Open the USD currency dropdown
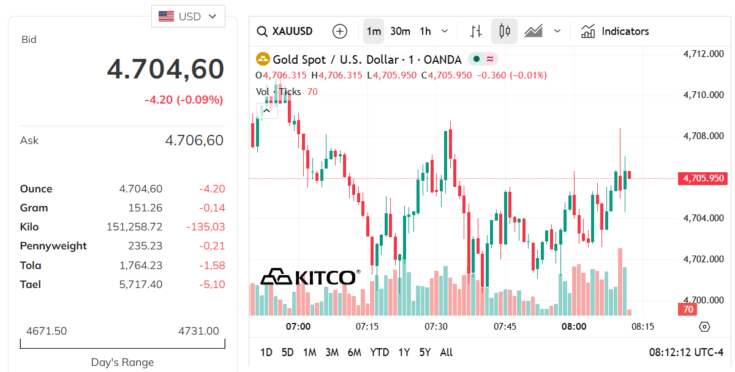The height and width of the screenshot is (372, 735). [188, 17]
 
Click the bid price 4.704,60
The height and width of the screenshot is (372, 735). [165, 69]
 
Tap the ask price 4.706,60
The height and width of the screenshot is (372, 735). [194, 140]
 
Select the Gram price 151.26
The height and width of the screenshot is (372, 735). [145, 208]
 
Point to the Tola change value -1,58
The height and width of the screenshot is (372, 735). [212, 265]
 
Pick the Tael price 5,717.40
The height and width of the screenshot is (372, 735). [141, 284]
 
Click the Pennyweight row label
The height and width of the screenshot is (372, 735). [53, 246]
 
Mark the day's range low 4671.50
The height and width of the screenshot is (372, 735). [47, 331]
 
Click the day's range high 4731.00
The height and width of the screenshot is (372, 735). [198, 331]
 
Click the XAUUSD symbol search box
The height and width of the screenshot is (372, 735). [285, 31]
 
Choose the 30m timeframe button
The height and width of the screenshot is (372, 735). [400, 31]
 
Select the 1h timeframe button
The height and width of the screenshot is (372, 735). [425, 31]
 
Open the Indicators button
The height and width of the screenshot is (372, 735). [615, 31]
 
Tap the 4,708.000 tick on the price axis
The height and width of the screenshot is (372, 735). [703, 136]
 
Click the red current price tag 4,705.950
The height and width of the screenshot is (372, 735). [703, 178]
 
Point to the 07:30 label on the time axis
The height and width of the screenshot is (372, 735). [436, 327]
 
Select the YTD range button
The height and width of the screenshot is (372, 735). [380, 352]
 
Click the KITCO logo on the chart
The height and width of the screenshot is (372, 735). [309, 277]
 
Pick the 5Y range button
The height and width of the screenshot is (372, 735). [425, 352]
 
